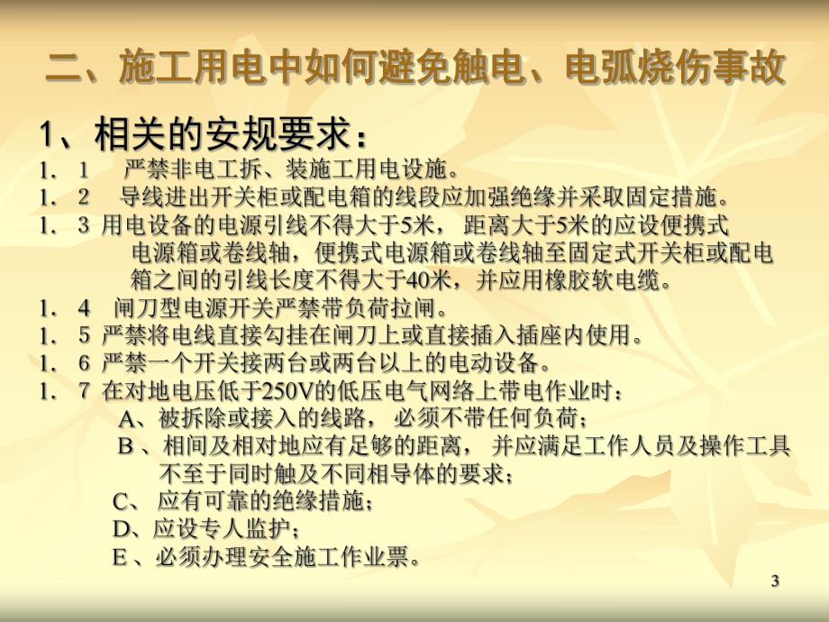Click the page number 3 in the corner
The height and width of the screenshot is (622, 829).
click(x=775, y=582)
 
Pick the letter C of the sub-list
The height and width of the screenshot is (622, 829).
click(x=122, y=500)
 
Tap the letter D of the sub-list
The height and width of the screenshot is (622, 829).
click(x=122, y=528)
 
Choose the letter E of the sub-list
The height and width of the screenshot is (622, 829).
click(x=120, y=557)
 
